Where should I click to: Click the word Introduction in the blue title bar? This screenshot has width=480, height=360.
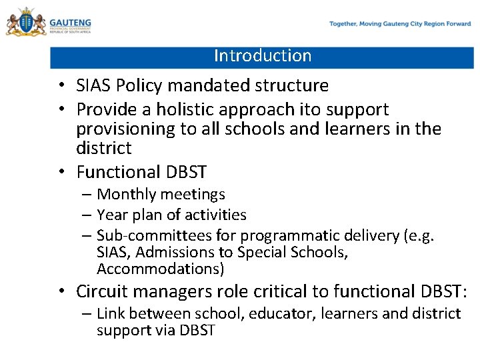[x=263, y=56]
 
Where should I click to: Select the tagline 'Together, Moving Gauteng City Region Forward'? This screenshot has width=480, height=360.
[x=400, y=24]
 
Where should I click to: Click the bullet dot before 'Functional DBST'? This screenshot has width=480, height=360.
[x=61, y=173]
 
